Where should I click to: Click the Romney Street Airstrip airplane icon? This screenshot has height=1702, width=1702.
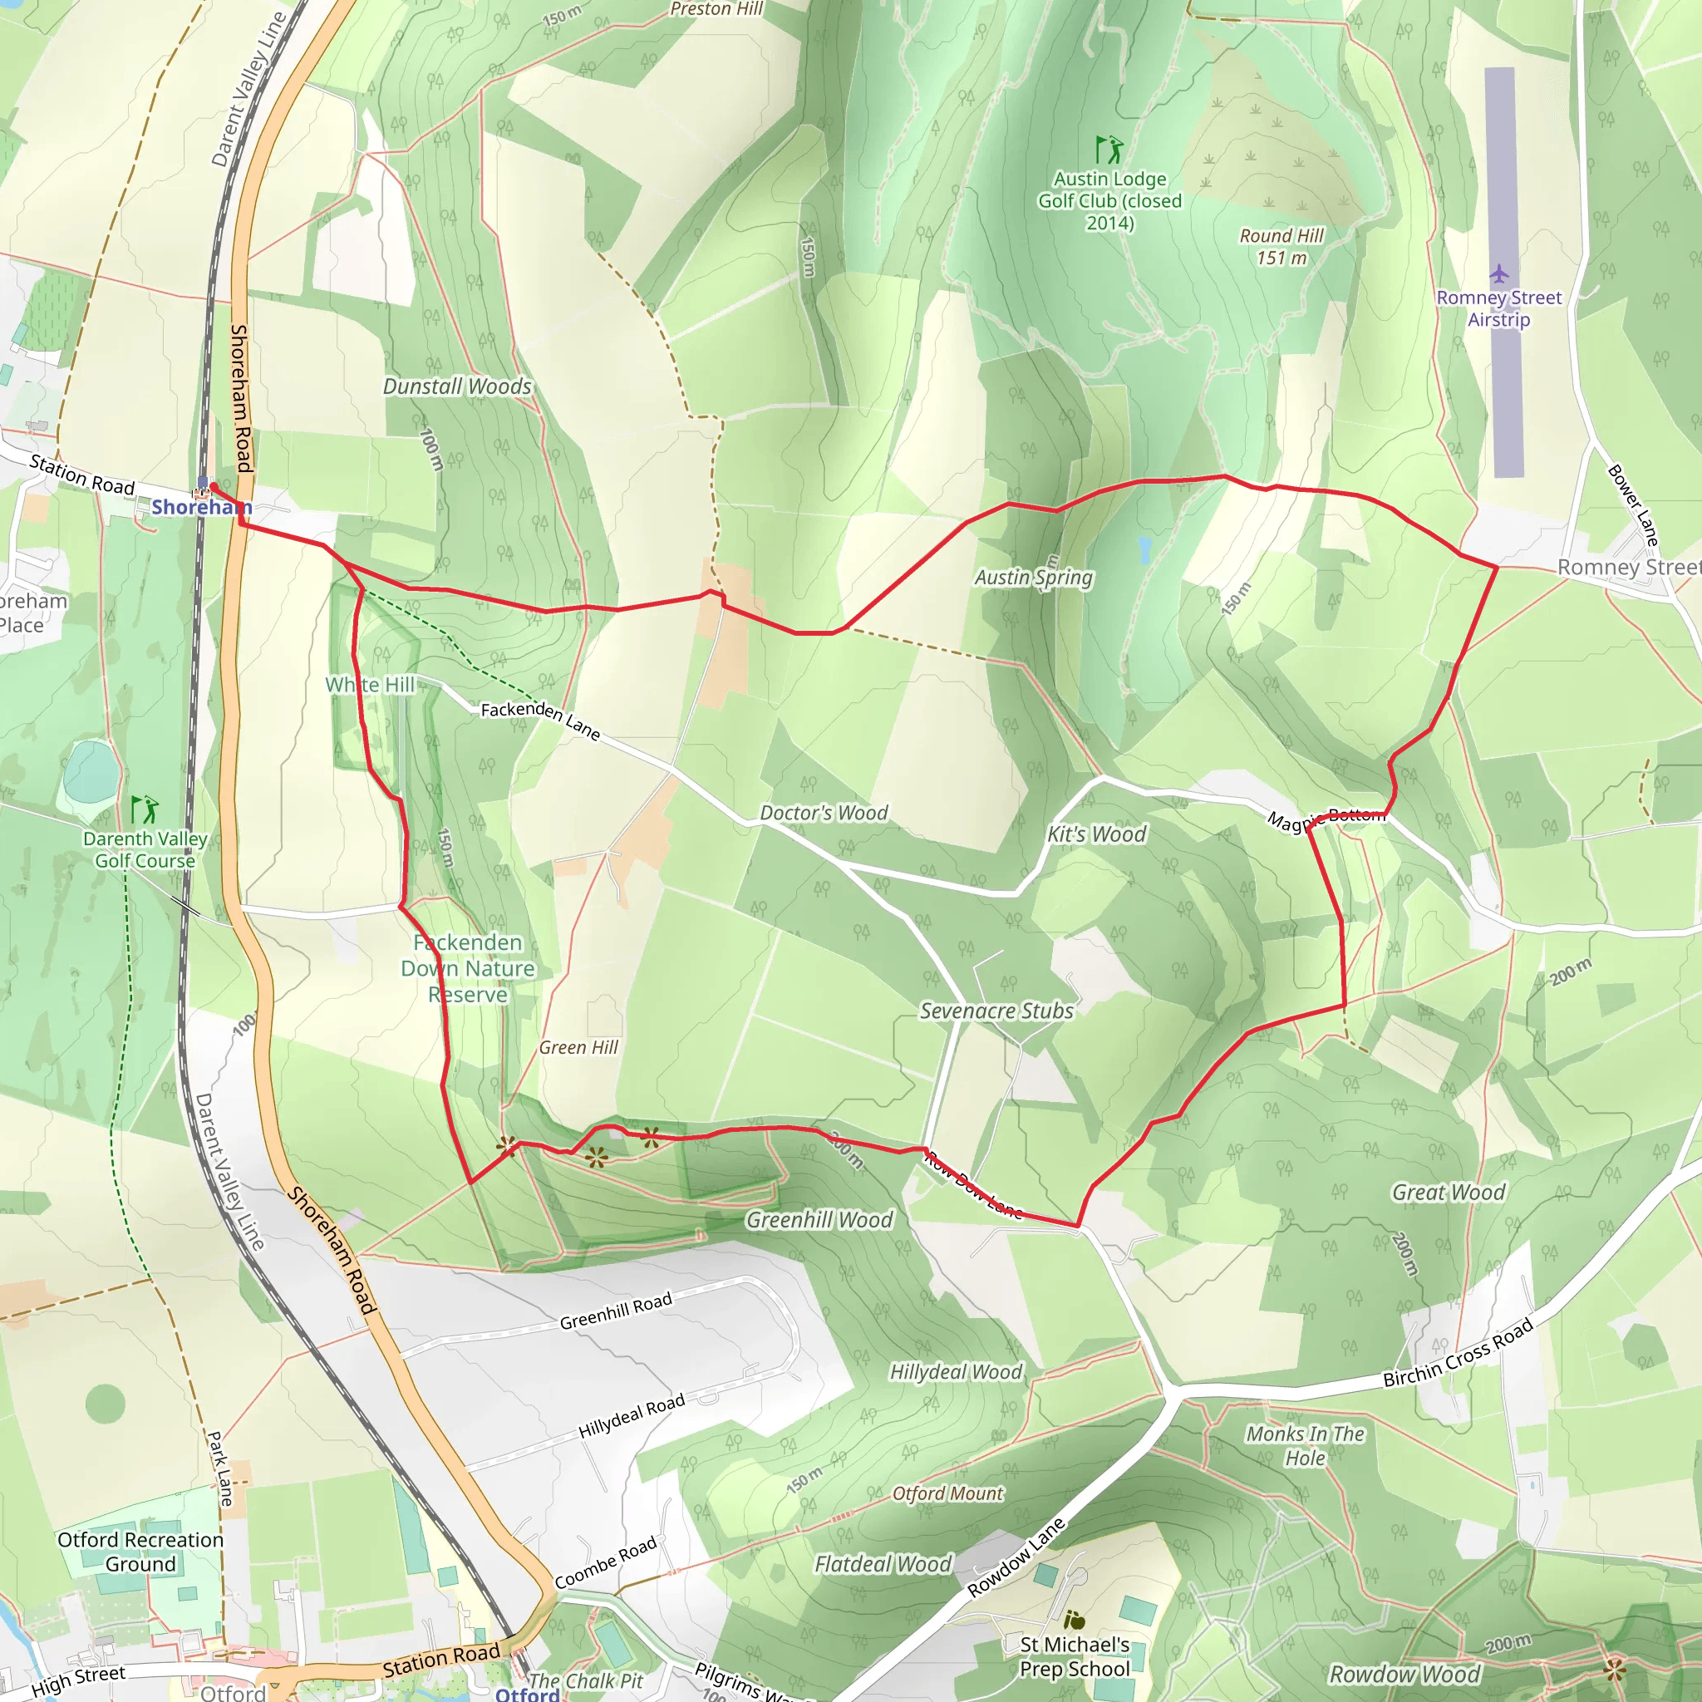coord(1499,273)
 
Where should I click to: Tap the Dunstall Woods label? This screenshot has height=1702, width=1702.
coord(457,386)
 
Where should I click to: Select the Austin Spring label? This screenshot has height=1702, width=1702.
coord(1033,578)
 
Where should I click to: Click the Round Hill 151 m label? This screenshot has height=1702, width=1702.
coord(1281,247)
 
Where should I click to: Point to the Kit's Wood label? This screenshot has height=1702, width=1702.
coord(1097,834)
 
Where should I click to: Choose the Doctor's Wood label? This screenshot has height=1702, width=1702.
coord(824,812)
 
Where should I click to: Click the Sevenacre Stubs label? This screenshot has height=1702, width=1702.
coord(996,1011)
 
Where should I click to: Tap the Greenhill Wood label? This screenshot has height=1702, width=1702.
coord(819,1219)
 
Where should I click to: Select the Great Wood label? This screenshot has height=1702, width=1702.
coord(1449,1192)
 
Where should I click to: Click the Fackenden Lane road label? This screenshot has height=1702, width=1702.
coord(540,721)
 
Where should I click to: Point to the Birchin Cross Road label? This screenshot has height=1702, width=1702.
coord(1458,1353)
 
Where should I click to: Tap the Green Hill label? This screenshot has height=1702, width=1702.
coord(578,1047)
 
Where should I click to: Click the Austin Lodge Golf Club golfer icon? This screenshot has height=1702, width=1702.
coord(1109,150)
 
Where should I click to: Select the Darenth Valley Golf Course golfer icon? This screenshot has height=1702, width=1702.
coord(145,809)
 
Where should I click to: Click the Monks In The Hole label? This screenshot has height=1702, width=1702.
coord(1305,1446)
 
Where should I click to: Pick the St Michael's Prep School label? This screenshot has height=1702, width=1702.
coord(1074,1656)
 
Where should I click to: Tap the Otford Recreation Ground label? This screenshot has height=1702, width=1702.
coord(140,1552)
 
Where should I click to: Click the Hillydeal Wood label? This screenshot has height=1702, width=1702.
coord(956,1371)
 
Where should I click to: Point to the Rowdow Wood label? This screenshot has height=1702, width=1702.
coord(1404,1674)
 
